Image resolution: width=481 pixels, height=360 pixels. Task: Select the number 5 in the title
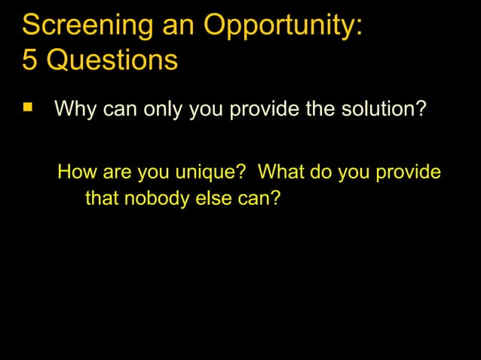point(29,60)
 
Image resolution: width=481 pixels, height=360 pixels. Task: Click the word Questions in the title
point(112,60)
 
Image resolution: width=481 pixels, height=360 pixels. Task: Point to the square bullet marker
point(28,109)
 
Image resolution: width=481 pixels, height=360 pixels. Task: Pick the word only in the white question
point(161,111)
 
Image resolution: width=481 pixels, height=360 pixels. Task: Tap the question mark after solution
point(421,111)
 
